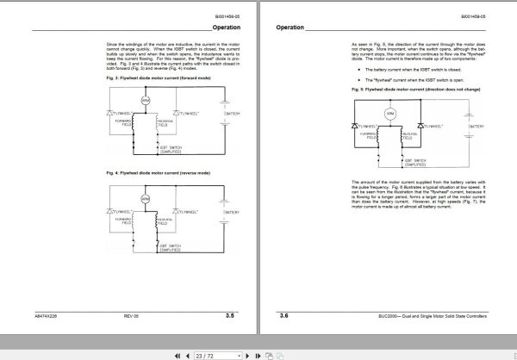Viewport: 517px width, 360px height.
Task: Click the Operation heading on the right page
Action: point(290,28)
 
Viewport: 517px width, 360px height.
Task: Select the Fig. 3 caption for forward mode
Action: point(158,78)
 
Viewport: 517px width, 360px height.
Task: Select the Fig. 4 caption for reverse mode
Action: point(157,174)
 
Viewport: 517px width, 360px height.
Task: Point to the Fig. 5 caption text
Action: point(412,89)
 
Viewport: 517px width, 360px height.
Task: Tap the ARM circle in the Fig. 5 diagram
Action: point(389,114)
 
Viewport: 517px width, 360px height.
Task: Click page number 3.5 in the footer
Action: point(230,316)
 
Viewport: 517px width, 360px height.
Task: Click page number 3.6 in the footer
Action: point(285,316)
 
